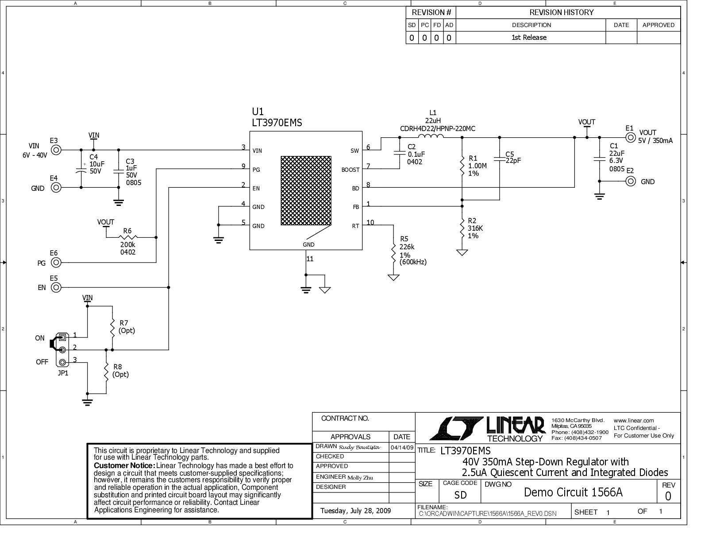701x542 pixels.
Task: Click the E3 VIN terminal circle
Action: [x=56, y=150]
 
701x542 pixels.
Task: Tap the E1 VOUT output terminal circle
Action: [x=631, y=138]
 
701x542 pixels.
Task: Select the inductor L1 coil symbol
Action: [x=431, y=135]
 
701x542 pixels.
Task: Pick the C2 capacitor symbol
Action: [x=399, y=153]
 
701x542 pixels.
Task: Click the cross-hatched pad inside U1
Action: [x=306, y=190]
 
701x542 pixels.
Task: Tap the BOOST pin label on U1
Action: [x=350, y=170]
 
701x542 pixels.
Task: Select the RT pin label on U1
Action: [x=355, y=226]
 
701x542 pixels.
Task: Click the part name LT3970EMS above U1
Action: [x=277, y=123]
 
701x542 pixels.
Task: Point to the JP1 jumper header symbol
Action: [x=62, y=350]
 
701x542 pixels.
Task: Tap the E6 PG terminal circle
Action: [x=56, y=263]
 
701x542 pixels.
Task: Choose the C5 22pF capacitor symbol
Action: [x=499, y=159]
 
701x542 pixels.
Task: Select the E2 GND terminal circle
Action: [x=631, y=181]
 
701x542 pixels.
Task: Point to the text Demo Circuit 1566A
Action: [x=573, y=492]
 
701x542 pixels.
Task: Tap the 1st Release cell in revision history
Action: [x=529, y=38]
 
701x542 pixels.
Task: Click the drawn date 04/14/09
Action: [x=402, y=447]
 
